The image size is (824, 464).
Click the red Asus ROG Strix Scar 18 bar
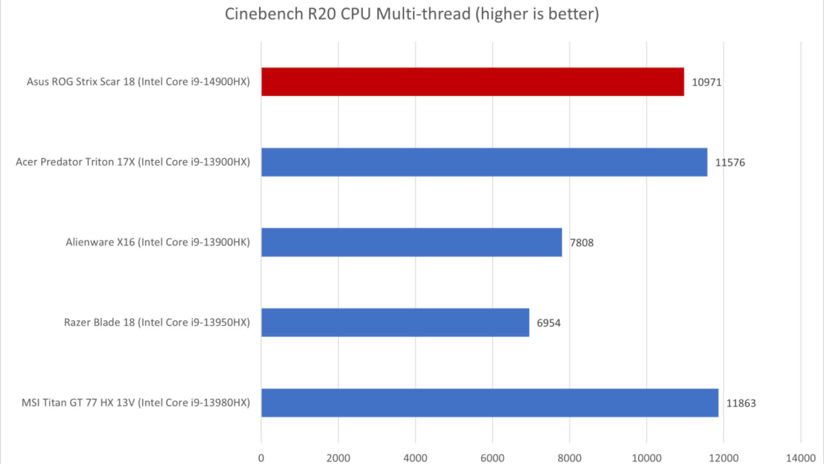coord(473,82)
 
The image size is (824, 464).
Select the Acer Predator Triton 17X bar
coord(484,162)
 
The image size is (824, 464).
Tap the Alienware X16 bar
coord(412,242)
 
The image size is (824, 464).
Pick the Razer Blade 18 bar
coord(395,323)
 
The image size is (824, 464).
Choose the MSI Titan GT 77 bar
coord(490,403)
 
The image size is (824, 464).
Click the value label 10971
coord(706,82)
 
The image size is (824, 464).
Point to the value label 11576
coord(730,162)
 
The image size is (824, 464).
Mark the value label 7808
coord(582,243)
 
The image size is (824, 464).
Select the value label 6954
coord(548,323)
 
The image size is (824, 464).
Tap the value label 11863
coord(741,403)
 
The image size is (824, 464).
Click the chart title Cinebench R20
coord(412,14)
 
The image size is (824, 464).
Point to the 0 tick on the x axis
coord(261,458)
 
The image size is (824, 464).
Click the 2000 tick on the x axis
coord(338,458)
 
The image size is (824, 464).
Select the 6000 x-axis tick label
coord(492,458)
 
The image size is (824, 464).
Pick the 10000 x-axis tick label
coord(646,458)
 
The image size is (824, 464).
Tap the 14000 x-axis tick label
coord(800,458)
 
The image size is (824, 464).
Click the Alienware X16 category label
coord(158,242)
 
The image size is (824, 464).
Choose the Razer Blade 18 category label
coord(157,323)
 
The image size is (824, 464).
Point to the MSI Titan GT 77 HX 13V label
coord(136,403)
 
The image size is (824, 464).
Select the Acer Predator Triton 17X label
coord(133,162)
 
